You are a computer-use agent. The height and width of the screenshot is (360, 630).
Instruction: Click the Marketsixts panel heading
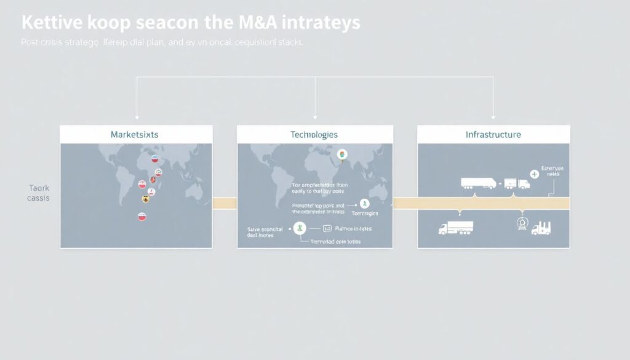click(x=135, y=134)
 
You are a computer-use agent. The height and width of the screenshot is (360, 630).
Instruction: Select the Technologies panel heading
click(x=314, y=134)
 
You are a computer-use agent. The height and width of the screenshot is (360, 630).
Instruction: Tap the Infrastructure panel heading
click(x=493, y=134)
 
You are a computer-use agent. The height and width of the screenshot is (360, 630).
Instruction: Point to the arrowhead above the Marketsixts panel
click(x=137, y=116)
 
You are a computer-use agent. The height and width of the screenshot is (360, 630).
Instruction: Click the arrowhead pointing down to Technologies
click(x=315, y=116)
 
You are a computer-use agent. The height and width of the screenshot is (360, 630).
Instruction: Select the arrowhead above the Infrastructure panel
click(x=493, y=116)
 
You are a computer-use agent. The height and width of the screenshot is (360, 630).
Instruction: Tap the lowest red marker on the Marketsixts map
click(x=142, y=217)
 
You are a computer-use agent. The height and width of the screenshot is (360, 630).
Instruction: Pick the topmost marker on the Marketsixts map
click(x=156, y=160)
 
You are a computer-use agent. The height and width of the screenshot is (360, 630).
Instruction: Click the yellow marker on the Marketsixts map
click(x=146, y=199)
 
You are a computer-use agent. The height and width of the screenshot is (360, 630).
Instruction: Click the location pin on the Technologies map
click(x=343, y=154)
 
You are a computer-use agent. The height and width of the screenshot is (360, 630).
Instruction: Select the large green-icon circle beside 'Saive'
click(x=300, y=228)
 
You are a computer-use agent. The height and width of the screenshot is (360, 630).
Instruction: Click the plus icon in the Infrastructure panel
click(x=534, y=174)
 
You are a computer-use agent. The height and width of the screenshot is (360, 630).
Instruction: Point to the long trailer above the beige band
click(x=479, y=183)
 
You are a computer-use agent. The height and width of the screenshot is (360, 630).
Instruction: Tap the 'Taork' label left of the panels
click(x=38, y=188)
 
